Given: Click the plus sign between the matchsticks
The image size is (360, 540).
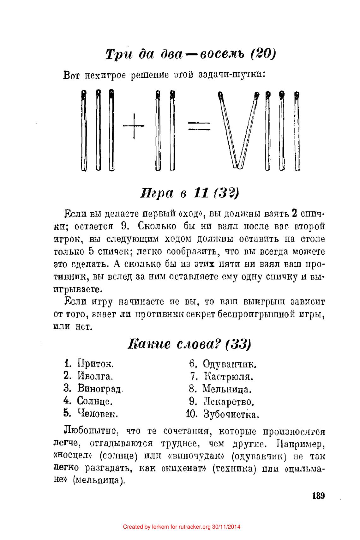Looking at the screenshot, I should (x=134, y=126).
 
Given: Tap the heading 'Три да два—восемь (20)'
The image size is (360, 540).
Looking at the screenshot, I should (x=191, y=54).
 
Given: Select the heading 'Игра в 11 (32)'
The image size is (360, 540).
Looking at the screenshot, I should (x=189, y=192).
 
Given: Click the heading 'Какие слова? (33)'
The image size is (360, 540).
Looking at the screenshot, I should (x=189, y=344).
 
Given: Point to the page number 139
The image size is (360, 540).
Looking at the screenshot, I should (x=318, y=495).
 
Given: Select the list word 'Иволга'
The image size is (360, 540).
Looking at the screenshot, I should (x=95, y=376).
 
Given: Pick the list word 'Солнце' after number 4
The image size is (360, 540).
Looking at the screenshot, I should (x=95, y=401).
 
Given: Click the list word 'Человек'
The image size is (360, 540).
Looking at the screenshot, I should (x=98, y=413).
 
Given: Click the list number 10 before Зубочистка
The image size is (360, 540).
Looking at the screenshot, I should (x=192, y=414).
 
